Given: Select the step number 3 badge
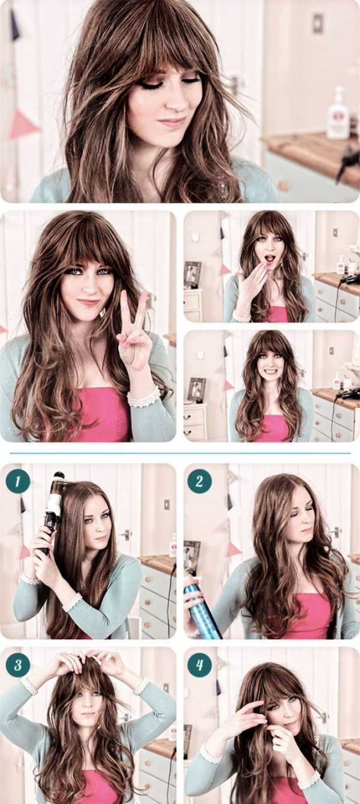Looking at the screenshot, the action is pyautogui.click(x=17, y=665).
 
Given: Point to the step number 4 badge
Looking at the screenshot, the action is pyautogui.click(x=199, y=665).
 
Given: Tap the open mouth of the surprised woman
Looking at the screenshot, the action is pyautogui.click(x=268, y=258).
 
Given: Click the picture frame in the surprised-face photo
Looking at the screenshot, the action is pyautogui.click(x=192, y=275).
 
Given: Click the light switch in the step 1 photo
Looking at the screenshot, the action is pyautogui.click(x=167, y=505).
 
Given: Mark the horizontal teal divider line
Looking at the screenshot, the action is pyautogui.click(x=180, y=453).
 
